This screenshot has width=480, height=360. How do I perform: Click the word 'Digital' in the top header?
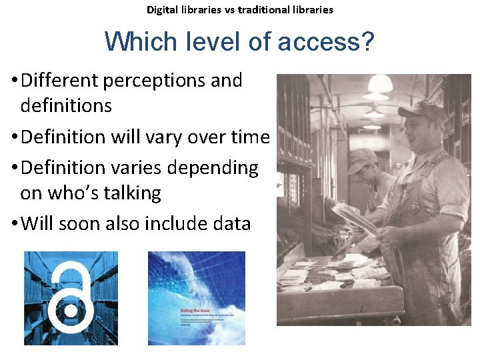tap(163, 10)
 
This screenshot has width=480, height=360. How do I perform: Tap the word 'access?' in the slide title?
tap(327, 43)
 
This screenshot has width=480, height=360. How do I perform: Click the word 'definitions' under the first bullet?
tap(66, 105)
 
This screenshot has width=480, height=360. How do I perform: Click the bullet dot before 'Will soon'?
tap(14, 224)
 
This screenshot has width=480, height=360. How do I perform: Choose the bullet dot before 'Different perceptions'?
tap(14, 81)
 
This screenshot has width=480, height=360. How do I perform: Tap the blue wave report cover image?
tap(196, 297)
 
